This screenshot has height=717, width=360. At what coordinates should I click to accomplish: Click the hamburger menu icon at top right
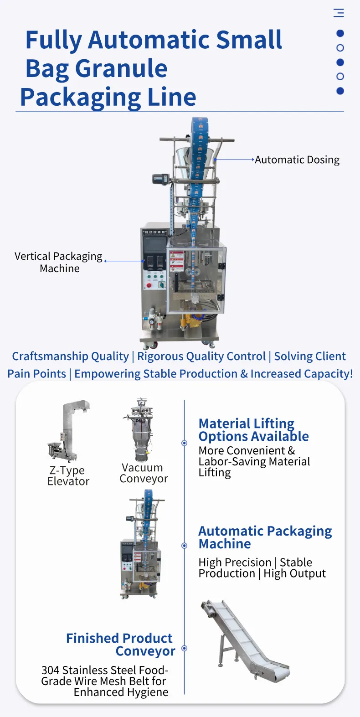tap(339, 13)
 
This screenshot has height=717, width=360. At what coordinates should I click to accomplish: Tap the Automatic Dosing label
tap(297, 160)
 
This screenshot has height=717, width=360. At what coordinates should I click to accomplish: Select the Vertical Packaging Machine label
tap(59, 262)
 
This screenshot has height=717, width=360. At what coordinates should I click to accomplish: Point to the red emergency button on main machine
tap(149, 286)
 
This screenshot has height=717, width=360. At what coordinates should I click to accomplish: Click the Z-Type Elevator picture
tap(68, 431)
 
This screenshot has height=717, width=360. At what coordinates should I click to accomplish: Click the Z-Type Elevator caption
tap(68, 476)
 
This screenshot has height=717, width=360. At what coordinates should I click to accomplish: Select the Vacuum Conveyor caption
tap(144, 473)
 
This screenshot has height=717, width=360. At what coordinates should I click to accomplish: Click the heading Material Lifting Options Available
tap(253, 430)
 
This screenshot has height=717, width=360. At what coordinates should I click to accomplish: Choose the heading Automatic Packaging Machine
tap(265, 537)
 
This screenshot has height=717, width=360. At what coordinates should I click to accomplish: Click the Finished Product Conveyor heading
tap(120, 645)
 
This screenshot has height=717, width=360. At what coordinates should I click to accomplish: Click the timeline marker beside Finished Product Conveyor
tap(185, 648)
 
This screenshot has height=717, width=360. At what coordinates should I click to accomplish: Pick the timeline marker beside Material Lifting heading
tap(185, 443)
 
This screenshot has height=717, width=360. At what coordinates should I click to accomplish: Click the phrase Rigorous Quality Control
tap(201, 356)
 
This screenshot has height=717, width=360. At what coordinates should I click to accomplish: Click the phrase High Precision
tap(235, 562)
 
